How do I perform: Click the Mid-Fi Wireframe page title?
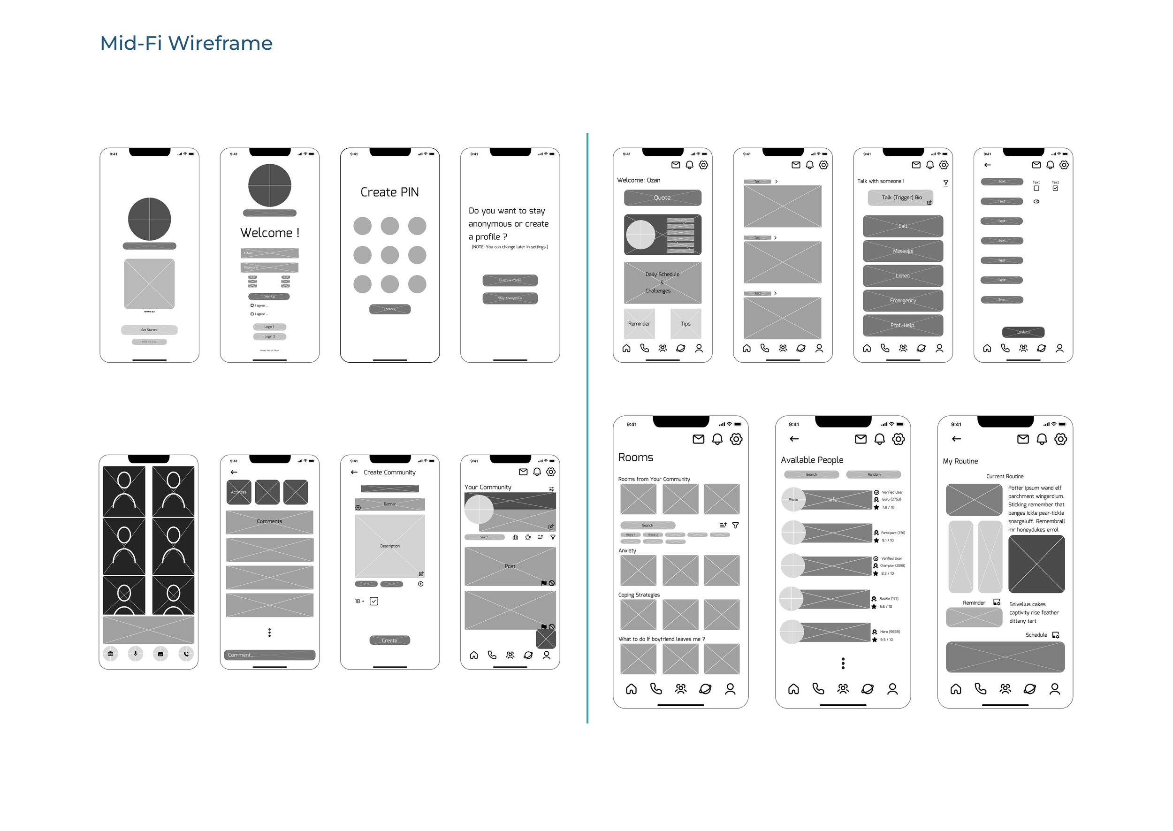186,43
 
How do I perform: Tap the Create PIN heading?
389,192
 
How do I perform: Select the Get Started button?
149,330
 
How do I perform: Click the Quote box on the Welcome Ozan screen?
662,198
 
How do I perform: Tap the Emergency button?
902,301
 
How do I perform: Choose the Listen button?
902,276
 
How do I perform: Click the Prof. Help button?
902,326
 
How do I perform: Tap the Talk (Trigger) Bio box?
900,198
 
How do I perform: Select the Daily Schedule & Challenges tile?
662,282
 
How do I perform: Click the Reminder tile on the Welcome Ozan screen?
639,324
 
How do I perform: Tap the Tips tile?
686,324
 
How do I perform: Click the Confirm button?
1022,332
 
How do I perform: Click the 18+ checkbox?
374,601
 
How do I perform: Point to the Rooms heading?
635,457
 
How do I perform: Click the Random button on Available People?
873,474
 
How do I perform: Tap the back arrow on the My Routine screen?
956,439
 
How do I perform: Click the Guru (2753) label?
891,499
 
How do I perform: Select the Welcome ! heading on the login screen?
270,233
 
